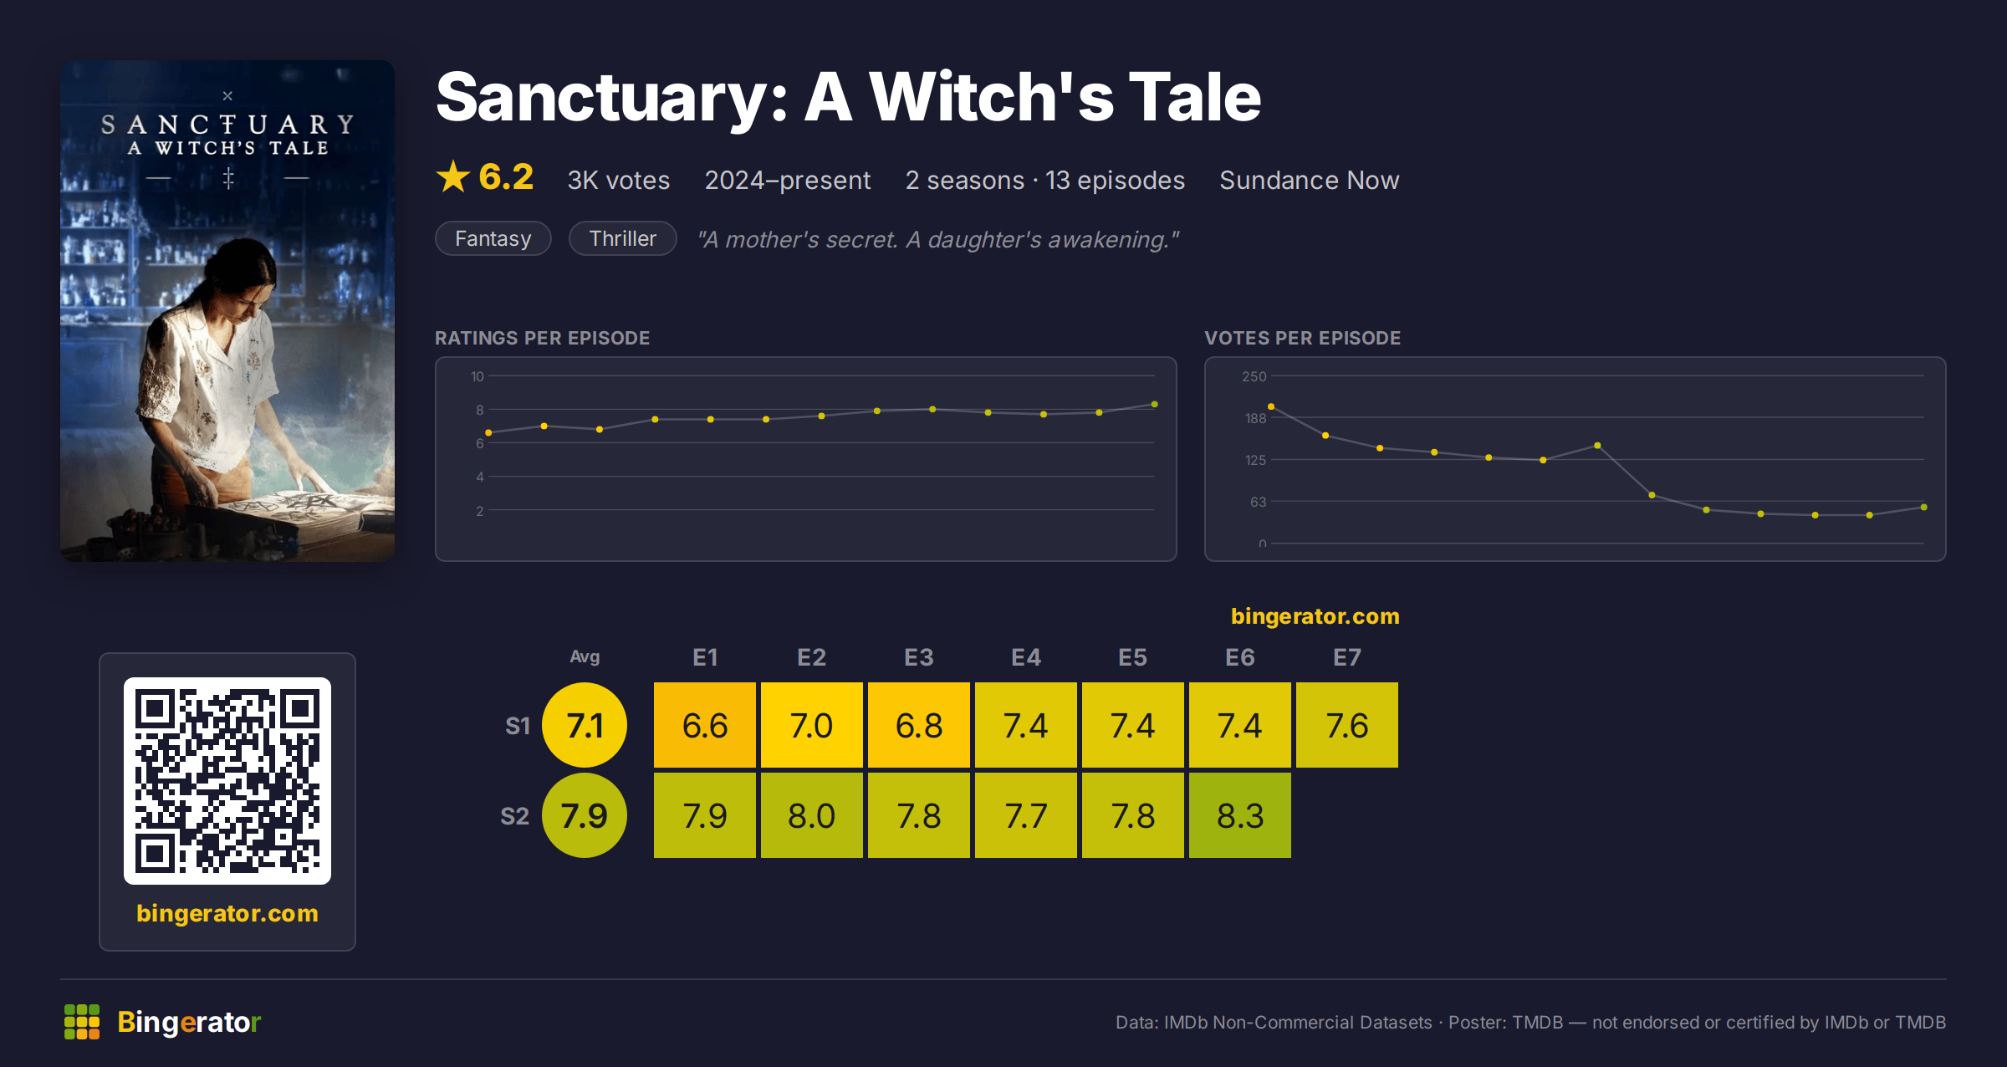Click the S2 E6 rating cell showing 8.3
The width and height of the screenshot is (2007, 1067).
1240,815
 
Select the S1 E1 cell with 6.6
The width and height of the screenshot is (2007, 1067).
705,725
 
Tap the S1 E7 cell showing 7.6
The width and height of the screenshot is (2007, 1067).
1347,725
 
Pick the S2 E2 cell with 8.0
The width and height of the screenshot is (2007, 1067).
812,815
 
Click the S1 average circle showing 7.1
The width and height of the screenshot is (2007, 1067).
585,725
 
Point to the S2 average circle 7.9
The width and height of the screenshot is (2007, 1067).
585,815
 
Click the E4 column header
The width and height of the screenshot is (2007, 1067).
1026,657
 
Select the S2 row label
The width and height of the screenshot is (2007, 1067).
515,816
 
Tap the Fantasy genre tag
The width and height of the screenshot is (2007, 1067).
493,238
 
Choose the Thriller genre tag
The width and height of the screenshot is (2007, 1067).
623,238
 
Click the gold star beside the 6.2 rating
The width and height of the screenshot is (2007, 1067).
453,176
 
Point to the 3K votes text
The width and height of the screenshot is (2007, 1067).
619,181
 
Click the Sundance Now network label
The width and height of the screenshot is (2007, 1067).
1310,181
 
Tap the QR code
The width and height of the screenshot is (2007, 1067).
227,781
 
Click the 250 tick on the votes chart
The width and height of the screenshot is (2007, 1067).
1254,376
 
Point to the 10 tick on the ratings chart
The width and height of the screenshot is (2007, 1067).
477,376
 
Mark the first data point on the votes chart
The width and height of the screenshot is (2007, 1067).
1271,406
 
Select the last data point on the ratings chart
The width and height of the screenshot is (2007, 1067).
1155,405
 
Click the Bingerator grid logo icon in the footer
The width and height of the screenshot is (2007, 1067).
82,1022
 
